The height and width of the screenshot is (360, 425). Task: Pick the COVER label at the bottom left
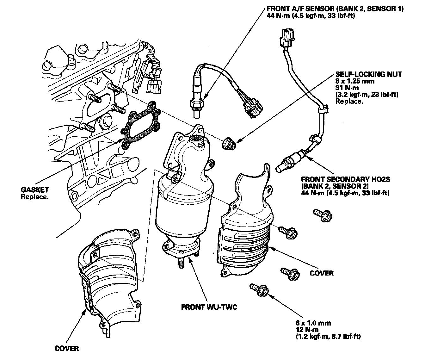click(x=66, y=349)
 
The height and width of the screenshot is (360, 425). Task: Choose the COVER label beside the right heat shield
click(x=322, y=273)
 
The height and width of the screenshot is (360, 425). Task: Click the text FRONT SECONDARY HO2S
click(x=345, y=179)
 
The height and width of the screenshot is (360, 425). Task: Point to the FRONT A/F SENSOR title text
click(x=335, y=9)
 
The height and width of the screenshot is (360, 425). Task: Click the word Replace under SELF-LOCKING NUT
click(x=349, y=101)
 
